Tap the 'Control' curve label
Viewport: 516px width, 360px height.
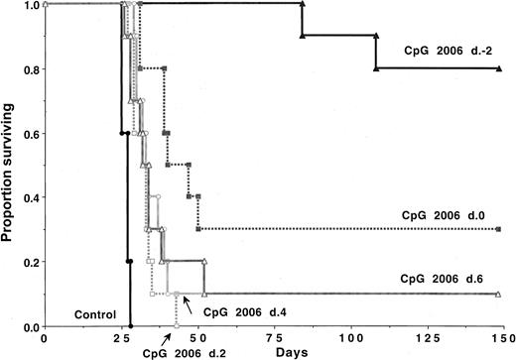pos(89,315)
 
